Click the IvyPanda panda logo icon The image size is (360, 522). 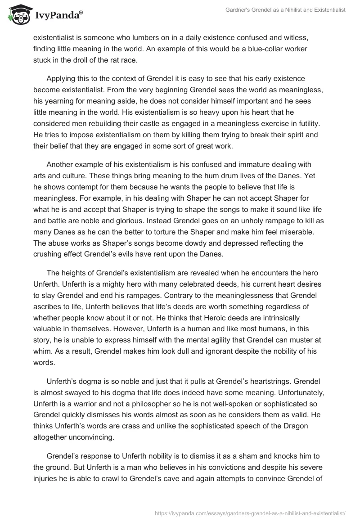coord(18,15)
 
